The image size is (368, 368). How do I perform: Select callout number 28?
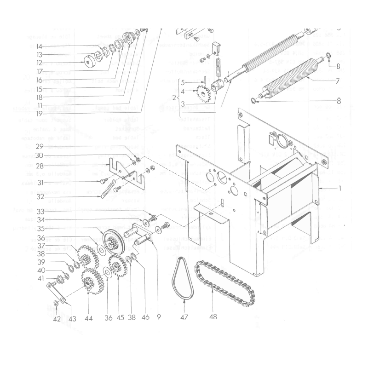[x=40, y=165]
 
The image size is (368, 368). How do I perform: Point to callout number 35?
[x=40, y=228]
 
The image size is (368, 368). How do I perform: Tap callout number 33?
[x=40, y=212]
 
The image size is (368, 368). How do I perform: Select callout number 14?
[x=40, y=46]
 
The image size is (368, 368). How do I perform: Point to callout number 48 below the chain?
[x=213, y=317]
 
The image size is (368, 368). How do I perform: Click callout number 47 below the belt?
[x=184, y=317]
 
